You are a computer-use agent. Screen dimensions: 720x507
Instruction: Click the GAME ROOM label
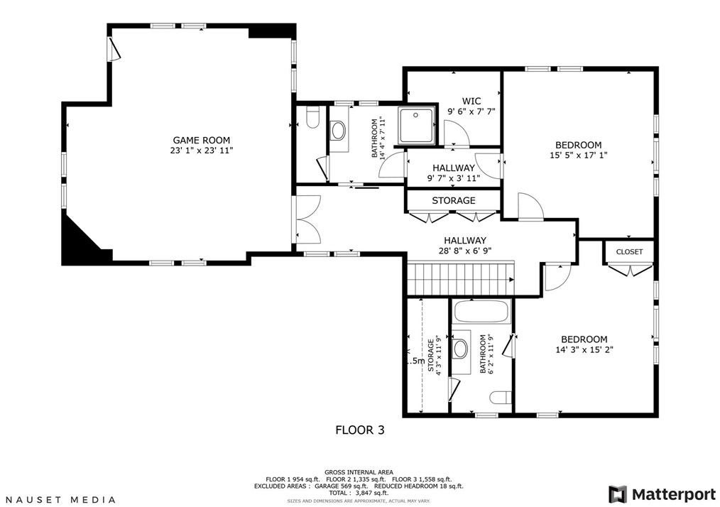(201, 141)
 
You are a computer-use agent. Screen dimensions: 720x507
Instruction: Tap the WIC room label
(471, 101)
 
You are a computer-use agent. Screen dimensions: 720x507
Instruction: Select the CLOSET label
(629, 251)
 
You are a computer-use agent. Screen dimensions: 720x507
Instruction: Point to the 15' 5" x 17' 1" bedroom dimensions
(579, 156)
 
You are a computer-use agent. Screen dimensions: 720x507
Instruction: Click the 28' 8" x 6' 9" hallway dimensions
(464, 251)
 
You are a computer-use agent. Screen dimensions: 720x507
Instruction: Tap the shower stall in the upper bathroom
(416, 125)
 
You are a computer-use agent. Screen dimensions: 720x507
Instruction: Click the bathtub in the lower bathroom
(481, 312)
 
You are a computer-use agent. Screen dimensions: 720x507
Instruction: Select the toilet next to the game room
(313, 118)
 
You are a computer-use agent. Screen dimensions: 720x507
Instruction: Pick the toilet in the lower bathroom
(501, 397)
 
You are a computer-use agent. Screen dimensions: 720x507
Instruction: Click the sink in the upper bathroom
(339, 131)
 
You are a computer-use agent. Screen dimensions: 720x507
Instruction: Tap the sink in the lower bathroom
(459, 349)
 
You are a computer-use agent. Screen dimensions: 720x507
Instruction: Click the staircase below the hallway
(461, 279)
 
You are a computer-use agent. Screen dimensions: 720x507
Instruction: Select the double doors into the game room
(307, 219)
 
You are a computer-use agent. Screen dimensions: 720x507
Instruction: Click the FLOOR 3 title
(360, 430)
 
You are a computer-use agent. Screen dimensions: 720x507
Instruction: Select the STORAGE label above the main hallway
(453, 201)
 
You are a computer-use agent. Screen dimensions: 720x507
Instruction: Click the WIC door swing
(457, 133)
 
